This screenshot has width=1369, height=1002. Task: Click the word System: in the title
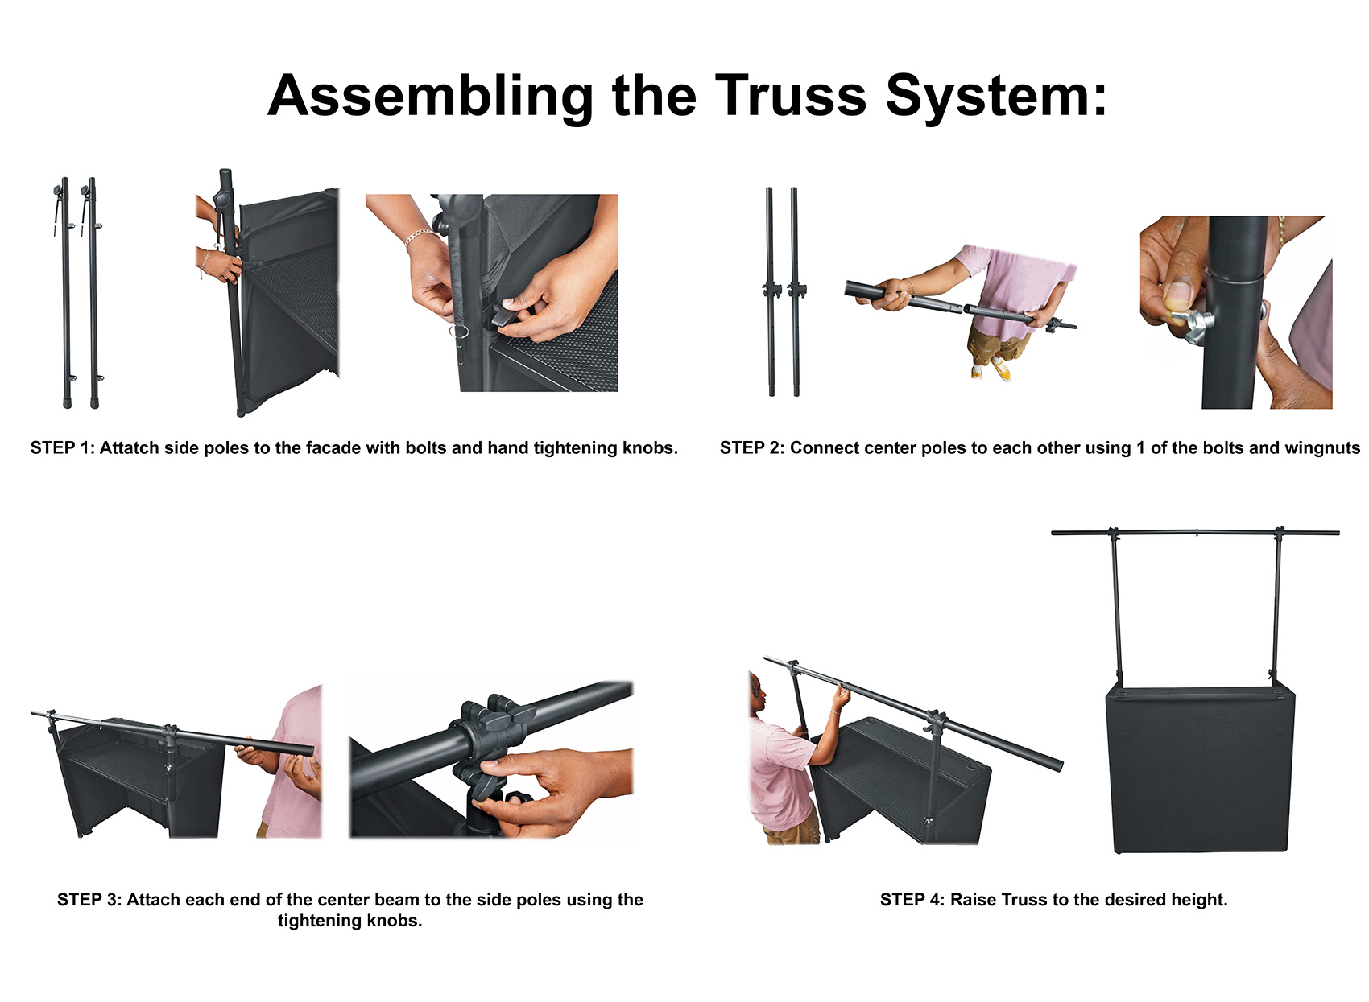(x=995, y=96)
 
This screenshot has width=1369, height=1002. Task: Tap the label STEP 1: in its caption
(x=62, y=448)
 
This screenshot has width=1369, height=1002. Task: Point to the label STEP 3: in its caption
(x=89, y=900)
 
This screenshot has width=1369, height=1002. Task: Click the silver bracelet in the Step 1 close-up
(x=420, y=235)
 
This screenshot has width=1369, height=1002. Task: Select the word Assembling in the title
(x=430, y=96)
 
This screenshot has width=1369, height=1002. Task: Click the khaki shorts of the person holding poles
(x=999, y=342)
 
